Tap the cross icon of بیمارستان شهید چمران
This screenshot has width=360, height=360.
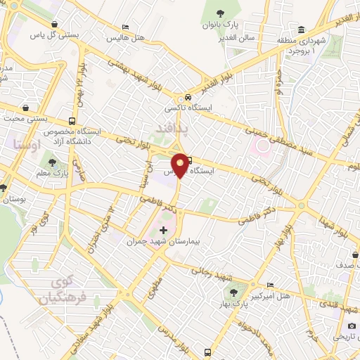[163, 230]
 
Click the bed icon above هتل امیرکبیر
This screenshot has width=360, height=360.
[271, 284]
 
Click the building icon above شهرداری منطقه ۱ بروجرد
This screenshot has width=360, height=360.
[301, 29]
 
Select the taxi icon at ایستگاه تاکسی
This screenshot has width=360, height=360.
[188, 98]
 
